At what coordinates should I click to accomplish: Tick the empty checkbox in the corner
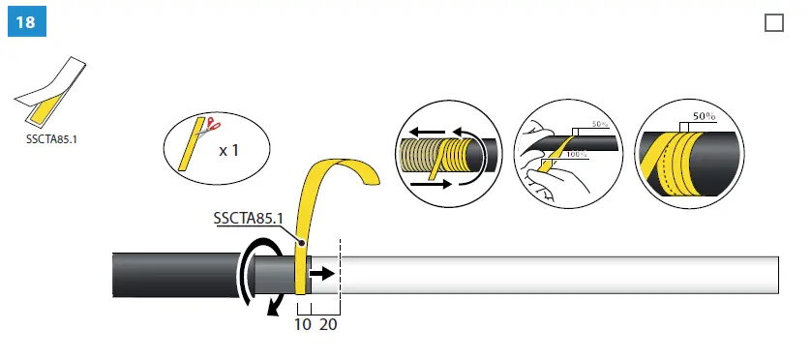tap(773, 23)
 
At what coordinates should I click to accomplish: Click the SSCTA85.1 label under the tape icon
tap(51, 138)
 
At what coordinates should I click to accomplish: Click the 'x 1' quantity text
tap(229, 150)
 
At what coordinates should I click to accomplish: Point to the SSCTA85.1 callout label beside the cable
tap(247, 218)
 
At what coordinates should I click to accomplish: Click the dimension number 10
tap(302, 325)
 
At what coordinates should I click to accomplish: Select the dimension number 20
tap(328, 325)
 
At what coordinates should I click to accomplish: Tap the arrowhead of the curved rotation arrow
tap(275, 307)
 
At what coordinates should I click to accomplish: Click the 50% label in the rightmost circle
tap(704, 116)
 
